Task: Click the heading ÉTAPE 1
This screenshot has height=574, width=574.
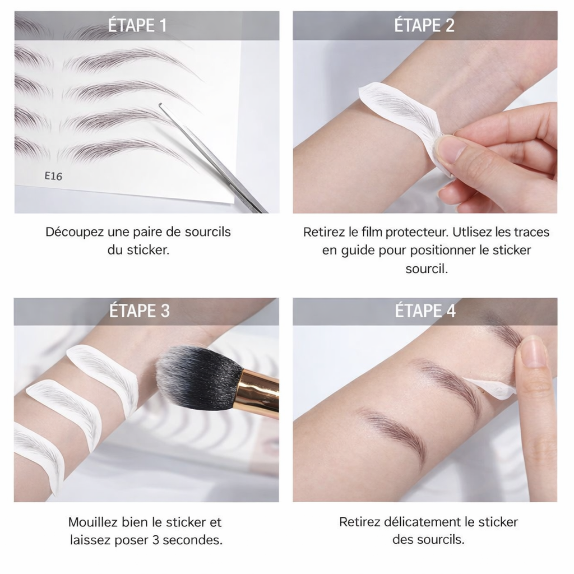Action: [137, 26]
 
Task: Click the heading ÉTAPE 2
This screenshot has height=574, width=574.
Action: [424, 26]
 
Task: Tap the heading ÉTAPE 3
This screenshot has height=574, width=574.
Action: [140, 311]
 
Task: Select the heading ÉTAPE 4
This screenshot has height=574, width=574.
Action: [425, 311]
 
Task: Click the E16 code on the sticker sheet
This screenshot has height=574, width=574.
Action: [53, 176]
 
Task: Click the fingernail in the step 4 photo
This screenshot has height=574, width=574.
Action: [534, 352]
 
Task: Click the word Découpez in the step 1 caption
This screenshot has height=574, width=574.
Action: [75, 232]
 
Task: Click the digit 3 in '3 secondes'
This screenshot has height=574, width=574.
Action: [156, 540]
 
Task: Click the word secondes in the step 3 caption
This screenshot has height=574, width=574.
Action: [193, 540]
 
